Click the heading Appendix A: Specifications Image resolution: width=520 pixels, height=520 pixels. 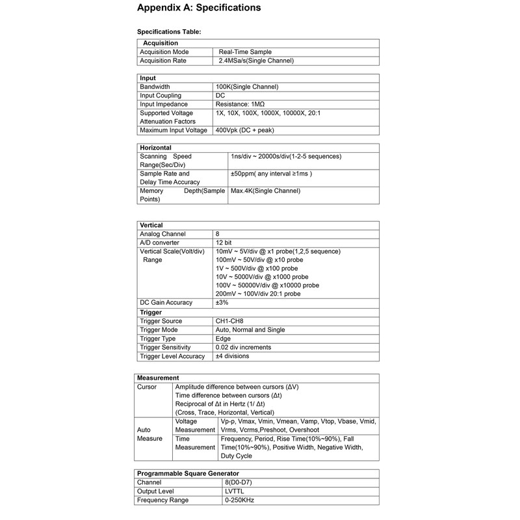(199, 8)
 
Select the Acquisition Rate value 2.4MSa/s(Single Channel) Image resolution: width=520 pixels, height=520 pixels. (256, 60)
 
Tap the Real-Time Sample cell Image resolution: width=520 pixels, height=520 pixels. (245, 52)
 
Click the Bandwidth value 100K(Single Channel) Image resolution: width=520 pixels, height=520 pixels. (246, 86)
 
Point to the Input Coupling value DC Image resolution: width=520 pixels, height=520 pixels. (220, 96)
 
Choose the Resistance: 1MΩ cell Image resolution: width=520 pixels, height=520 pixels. (240, 104)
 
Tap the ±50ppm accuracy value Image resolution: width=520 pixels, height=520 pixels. (272, 174)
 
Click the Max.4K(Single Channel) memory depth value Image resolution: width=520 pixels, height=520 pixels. (265, 191)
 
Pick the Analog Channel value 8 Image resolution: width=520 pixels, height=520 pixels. (217, 234)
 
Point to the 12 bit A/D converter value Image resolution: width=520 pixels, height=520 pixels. (224, 242)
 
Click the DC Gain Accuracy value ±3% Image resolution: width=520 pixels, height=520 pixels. (222, 303)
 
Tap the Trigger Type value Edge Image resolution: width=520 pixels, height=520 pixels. (223, 339)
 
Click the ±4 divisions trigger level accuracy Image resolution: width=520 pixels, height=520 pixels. (232, 356)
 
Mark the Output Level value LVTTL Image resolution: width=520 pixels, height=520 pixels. (234, 491)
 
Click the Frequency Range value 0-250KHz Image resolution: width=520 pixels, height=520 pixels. (239, 500)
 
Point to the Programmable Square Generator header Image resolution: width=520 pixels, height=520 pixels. (188, 473)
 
